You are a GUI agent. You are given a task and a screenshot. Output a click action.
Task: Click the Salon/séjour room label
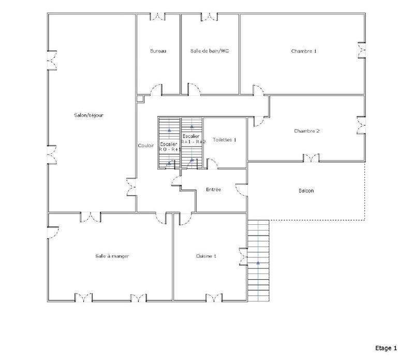click(x=89, y=115)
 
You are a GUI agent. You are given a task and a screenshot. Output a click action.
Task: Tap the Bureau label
click(x=158, y=51)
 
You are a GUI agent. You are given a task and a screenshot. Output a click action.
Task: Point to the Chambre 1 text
click(x=304, y=51)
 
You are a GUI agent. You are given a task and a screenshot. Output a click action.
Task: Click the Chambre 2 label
click(x=306, y=131)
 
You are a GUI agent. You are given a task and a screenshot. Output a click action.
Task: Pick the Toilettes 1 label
click(x=225, y=140)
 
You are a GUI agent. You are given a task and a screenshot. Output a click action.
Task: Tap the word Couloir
click(x=146, y=146)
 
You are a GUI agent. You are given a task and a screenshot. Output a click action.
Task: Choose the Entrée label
click(x=213, y=190)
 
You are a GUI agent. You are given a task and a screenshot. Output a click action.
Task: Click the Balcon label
click(x=306, y=191)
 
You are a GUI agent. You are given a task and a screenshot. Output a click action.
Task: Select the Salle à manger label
click(x=112, y=256)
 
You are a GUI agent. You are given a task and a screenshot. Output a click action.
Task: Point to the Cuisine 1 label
click(x=206, y=256)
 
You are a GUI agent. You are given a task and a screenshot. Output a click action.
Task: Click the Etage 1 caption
click(x=386, y=348)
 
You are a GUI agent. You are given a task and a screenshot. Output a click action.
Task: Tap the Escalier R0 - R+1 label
click(x=169, y=146)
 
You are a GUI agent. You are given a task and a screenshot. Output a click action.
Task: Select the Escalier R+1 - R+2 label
click(x=193, y=138)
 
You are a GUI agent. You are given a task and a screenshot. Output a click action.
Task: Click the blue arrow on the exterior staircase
click(x=258, y=263)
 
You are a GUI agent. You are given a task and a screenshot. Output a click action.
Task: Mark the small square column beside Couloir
click(x=140, y=98)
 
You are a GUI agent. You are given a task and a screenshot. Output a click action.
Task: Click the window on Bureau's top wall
click(x=158, y=17)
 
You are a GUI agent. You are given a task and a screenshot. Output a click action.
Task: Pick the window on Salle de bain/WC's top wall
click(x=210, y=17)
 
